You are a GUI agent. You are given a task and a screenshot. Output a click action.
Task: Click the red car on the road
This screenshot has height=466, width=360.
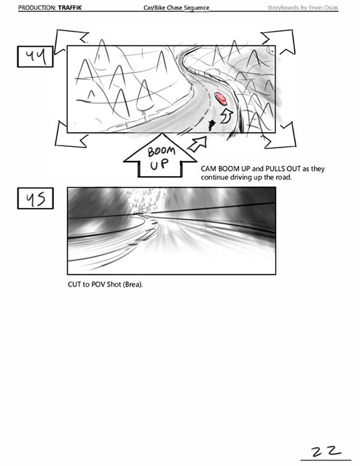[221, 98]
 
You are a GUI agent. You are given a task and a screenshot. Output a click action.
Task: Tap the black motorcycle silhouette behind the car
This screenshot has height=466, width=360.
[211, 126]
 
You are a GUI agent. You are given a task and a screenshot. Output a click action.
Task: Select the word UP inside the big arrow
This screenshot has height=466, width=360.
[159, 164]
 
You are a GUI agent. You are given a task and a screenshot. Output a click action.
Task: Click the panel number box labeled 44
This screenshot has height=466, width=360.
[35, 57]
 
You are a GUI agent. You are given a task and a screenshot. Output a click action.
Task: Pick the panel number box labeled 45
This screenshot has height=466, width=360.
[35, 198]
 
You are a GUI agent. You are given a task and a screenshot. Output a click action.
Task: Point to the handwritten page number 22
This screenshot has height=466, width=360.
[326, 451]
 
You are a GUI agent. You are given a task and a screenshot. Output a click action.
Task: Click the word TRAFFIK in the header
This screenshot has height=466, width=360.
[70, 7]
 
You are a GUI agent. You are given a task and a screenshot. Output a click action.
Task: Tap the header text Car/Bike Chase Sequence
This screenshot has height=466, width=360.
[177, 7]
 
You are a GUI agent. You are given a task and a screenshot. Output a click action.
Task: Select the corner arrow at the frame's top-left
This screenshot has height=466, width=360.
[71, 41]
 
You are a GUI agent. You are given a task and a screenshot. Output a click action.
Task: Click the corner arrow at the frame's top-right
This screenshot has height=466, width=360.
[278, 42]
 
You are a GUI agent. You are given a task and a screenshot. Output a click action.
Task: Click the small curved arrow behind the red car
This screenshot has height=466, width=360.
[226, 116]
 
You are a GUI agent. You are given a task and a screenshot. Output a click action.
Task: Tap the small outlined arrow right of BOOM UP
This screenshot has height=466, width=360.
[198, 144]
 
